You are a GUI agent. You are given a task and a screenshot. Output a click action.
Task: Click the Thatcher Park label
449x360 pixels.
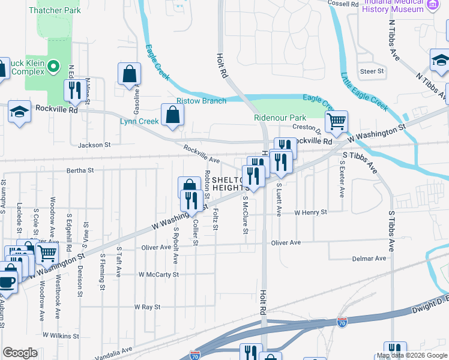tap(54, 11)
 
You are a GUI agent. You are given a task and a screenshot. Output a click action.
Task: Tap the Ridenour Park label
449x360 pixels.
tap(280, 118)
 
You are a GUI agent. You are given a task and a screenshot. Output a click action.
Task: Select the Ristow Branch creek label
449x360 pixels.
tap(201, 101)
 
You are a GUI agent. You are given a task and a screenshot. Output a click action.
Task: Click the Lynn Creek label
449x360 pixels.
tap(140, 121)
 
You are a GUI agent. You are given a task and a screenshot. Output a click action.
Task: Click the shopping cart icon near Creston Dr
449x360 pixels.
tap(337, 122)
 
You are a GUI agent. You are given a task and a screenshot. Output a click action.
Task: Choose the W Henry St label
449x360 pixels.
tap(310, 212)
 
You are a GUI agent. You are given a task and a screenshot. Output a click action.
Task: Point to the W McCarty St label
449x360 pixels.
tap(158, 274)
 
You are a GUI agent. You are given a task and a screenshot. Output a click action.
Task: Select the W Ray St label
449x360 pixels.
tap(148, 307)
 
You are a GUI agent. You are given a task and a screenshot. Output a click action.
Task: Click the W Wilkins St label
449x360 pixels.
tap(62, 335)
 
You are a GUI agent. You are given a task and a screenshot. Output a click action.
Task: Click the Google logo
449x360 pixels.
tap(20, 353)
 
